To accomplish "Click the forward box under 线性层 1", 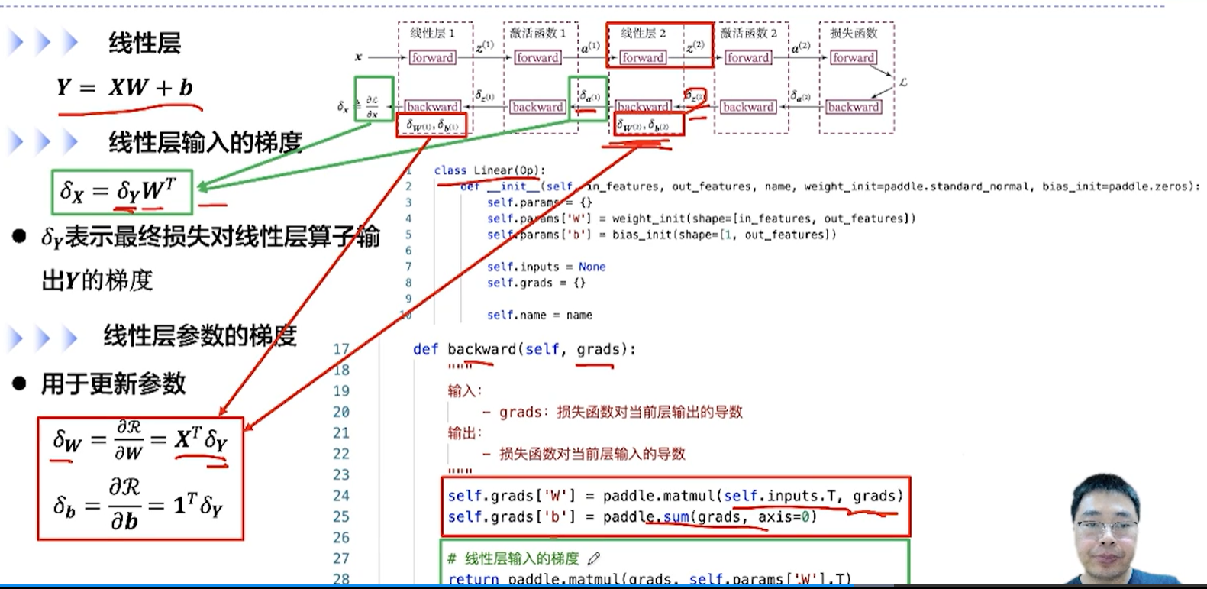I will [432, 57].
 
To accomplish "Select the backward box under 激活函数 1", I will [537, 107].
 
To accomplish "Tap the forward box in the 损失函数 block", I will [854, 57].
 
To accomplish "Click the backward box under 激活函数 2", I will [748, 107].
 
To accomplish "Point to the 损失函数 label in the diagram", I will [854, 33].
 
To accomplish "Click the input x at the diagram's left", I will [358, 57].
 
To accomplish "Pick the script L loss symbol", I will [903, 82].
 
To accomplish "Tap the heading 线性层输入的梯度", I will [205, 142].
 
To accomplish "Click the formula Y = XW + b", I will [124, 88].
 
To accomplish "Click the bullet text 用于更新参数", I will [113, 383].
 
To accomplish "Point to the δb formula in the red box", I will [138, 506].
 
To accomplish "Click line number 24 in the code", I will [341, 496].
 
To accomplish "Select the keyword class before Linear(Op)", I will [450, 170].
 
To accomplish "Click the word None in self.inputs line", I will [592, 267].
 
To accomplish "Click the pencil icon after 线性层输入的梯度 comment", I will [594, 558].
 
